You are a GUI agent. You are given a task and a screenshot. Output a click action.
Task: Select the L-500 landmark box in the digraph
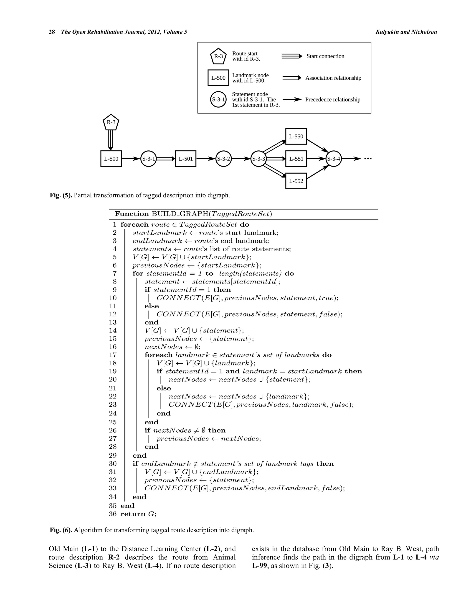[111, 159]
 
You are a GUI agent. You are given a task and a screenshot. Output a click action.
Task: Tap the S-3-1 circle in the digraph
[148, 159]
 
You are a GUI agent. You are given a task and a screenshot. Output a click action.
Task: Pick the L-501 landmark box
[185, 159]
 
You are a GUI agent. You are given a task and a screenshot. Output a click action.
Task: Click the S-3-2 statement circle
[223, 159]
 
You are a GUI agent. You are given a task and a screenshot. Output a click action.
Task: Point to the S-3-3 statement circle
[259, 159]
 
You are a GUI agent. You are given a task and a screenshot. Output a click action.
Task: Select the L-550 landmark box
[296, 136]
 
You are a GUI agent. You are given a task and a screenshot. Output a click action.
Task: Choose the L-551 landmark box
[296, 159]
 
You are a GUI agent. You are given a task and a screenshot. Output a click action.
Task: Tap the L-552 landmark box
[296, 181]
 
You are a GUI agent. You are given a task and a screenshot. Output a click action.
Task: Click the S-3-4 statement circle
[334, 159]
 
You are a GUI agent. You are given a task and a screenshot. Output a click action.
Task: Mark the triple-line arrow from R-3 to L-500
[111, 140]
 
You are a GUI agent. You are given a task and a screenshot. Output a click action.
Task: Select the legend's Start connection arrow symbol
[291, 56]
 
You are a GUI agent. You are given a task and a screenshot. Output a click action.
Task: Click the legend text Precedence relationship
[333, 100]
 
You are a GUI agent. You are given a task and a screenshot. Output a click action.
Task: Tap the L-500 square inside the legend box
[218, 78]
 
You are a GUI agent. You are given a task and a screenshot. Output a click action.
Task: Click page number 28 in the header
[52, 32]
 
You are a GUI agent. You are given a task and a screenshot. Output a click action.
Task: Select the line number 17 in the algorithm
[113, 355]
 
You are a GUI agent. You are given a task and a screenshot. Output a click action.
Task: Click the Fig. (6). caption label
[61, 530]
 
